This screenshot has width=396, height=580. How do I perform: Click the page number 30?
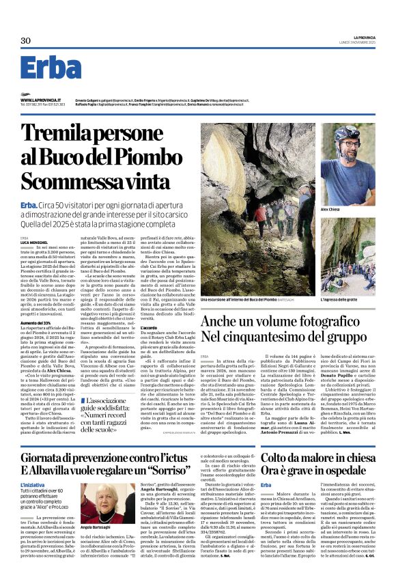26,41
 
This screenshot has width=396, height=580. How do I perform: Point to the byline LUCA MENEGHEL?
34,243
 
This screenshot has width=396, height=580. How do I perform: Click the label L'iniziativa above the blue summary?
33,465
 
